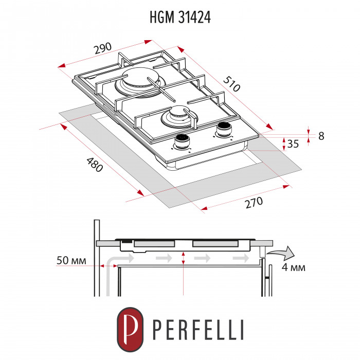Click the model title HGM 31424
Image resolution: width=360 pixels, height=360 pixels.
180,17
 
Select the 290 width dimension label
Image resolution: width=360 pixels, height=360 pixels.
103,49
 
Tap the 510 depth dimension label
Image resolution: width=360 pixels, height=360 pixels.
231,83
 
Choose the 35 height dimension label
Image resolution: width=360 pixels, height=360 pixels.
293,145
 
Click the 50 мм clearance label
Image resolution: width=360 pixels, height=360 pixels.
70,260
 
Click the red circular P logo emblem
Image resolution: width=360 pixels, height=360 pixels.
129,327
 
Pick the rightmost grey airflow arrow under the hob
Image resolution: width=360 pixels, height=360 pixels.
240,257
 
